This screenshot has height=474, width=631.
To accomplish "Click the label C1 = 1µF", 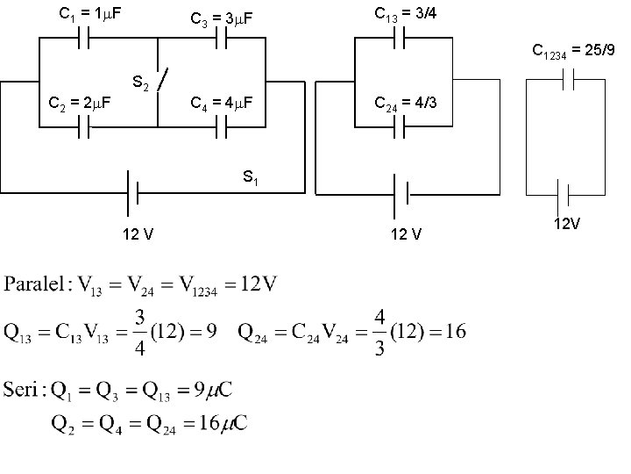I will (89, 14).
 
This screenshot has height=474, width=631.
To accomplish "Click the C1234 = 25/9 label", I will (576, 53).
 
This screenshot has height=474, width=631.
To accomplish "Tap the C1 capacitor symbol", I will (85, 39).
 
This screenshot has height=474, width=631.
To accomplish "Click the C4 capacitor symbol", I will (223, 128).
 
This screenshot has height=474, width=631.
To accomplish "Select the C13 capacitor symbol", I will (401, 39).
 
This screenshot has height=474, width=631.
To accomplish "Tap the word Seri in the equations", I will (23, 386).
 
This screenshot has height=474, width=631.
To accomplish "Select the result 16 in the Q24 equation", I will (454, 332).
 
